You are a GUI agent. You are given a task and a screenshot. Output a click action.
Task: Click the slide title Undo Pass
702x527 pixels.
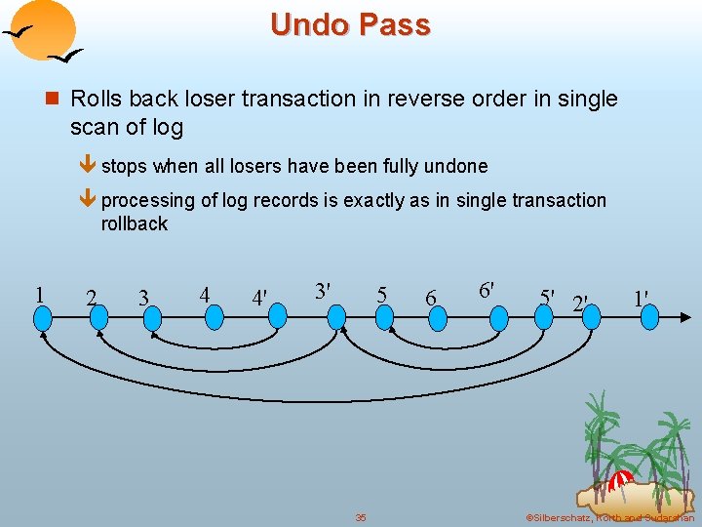350,24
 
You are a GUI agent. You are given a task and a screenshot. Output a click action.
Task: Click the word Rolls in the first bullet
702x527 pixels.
96,99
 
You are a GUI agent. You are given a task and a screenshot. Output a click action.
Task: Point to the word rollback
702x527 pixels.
135,223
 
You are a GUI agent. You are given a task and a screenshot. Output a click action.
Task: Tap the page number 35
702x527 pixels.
360,517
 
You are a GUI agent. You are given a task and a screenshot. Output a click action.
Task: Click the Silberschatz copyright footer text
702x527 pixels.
608,517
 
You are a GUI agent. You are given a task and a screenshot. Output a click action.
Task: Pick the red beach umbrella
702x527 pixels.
620,479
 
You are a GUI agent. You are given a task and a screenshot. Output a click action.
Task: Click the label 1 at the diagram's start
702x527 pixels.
38,294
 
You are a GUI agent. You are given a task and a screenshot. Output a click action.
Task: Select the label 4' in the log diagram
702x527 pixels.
260,297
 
